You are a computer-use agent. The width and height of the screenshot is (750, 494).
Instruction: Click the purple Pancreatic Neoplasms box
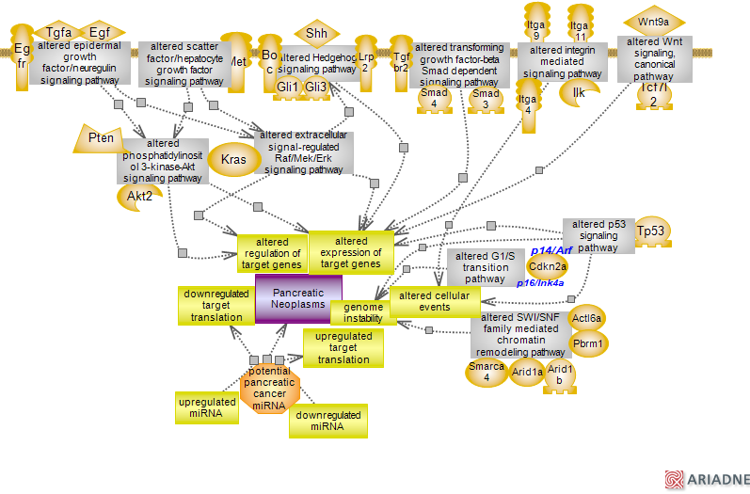(298, 298)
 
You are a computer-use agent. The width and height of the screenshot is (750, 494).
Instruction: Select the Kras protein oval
(233, 159)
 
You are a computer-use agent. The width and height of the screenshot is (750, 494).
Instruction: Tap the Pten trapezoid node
(101, 139)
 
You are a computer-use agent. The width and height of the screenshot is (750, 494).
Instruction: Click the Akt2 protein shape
(139, 195)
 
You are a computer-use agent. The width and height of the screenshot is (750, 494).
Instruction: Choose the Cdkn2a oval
(547, 266)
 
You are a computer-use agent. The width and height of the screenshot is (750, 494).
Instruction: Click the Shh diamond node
(316, 34)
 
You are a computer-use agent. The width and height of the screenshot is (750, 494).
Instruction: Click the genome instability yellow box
(362, 313)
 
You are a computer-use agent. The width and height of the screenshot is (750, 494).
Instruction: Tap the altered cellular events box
(435, 301)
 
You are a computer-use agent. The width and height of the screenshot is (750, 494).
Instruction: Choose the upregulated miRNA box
(206, 407)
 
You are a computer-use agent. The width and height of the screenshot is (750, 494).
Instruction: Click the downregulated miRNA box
(328, 421)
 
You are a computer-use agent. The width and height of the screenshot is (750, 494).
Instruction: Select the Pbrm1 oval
(589, 343)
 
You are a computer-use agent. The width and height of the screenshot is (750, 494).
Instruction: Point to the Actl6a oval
(587, 317)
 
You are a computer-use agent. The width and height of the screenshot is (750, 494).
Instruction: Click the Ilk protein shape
(579, 92)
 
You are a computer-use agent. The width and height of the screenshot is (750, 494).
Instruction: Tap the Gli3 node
(316, 88)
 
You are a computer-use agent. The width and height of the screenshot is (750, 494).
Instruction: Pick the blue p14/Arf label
(551, 250)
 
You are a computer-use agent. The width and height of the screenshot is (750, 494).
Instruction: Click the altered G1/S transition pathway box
(485, 267)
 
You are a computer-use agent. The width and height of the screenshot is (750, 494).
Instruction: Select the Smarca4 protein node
(487, 373)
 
